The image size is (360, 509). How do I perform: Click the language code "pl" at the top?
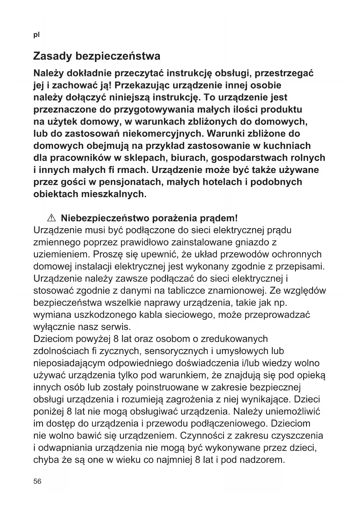[x=36, y=35]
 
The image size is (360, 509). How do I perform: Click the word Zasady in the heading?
[x=52, y=56]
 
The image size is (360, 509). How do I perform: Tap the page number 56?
[x=37, y=481]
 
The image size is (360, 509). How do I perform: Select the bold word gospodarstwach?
[x=249, y=158]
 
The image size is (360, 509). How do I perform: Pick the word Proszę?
[x=104, y=255]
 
